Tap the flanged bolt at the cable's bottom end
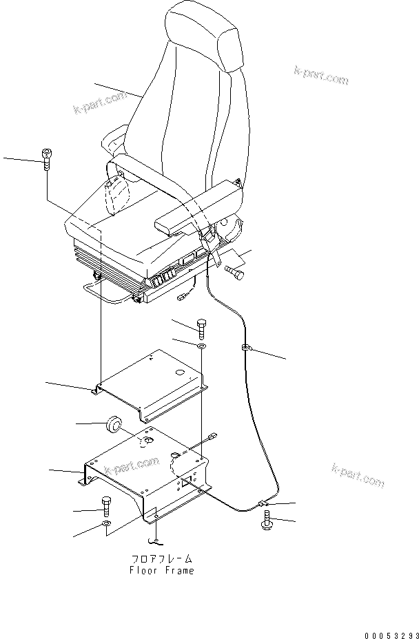click(x=267, y=523)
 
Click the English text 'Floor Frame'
click(x=162, y=570)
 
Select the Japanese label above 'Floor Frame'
click(x=162, y=559)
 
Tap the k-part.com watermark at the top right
click(x=320, y=75)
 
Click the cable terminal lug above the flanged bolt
click(x=263, y=505)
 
